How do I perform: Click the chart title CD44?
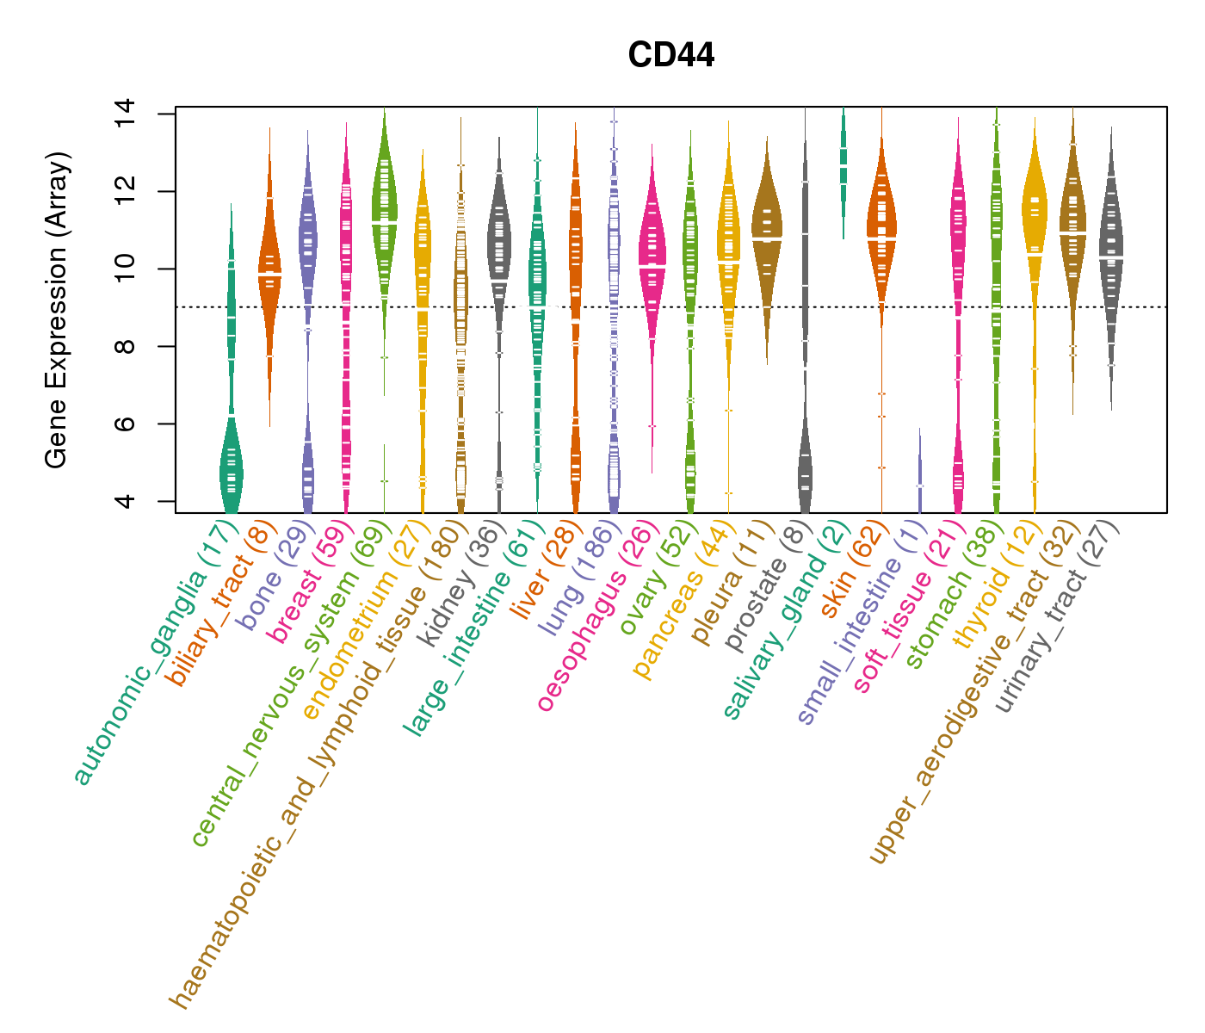[x=670, y=56]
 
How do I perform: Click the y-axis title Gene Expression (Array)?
[x=57, y=311]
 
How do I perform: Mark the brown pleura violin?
[x=767, y=232]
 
